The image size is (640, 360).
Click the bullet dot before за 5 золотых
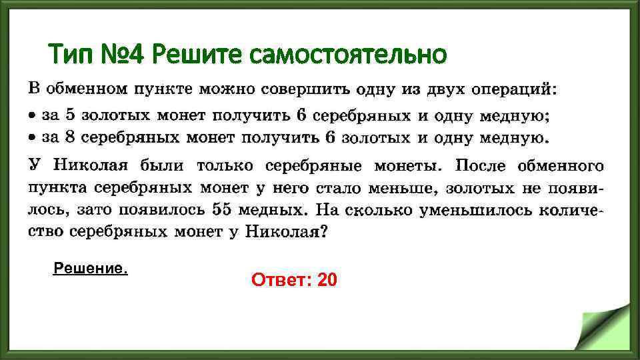32,115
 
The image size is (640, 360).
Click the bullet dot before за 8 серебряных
32,139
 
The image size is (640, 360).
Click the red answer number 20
328,281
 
